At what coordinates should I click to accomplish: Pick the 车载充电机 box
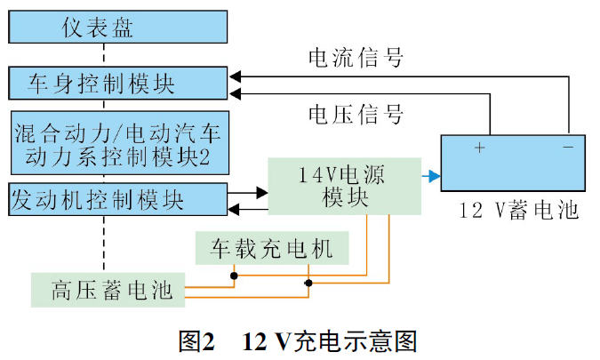[272, 250]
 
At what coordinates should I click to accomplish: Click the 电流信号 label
[356, 59]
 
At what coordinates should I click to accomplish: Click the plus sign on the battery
[480, 147]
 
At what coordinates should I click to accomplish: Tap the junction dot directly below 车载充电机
[235, 276]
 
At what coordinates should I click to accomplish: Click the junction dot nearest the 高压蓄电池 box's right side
[308, 284]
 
